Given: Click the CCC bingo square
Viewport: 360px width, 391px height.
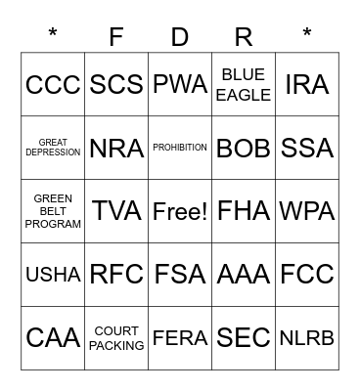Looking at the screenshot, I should click(x=53, y=85).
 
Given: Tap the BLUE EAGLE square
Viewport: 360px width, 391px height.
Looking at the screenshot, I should click(x=244, y=85).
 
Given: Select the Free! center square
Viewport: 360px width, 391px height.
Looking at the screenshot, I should click(x=180, y=211).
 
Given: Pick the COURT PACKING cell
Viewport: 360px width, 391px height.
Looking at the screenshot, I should click(x=116, y=337).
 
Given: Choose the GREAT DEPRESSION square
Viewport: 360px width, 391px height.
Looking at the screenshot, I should click(x=53, y=148).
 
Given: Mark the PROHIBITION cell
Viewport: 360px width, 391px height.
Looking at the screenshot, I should click(x=180, y=148).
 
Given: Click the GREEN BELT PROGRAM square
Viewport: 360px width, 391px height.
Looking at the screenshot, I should click(x=53, y=211).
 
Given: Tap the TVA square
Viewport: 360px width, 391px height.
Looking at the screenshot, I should click(x=116, y=211).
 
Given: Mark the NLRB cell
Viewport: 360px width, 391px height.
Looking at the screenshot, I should click(x=307, y=337).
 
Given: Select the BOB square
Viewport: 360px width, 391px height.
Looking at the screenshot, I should click(x=244, y=148).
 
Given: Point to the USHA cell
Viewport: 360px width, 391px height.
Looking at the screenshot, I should click(x=53, y=275).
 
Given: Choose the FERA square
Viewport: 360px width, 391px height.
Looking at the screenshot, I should click(x=180, y=337).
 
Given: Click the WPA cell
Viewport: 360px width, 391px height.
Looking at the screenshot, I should click(x=307, y=211).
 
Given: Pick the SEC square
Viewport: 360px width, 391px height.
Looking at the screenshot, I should click(x=244, y=337).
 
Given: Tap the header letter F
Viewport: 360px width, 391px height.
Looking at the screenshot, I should click(x=116, y=37).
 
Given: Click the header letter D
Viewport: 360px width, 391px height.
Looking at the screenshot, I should click(x=180, y=37).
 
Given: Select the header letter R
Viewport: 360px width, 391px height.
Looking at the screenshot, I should click(x=244, y=37).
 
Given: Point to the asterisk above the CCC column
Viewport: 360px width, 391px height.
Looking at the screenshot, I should click(x=53, y=35).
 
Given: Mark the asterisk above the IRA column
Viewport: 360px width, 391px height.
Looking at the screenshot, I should click(x=307, y=35).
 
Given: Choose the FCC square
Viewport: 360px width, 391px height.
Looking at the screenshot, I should click(x=307, y=275).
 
